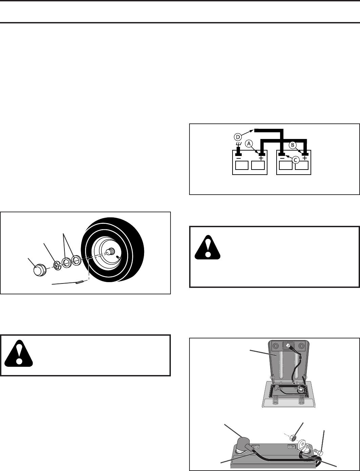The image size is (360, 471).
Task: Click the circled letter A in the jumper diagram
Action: tap(249, 144)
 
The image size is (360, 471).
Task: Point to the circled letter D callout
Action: tap(238, 137)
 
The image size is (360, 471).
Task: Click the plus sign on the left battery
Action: tap(261, 158)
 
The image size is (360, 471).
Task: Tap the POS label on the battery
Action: tap(255, 447)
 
